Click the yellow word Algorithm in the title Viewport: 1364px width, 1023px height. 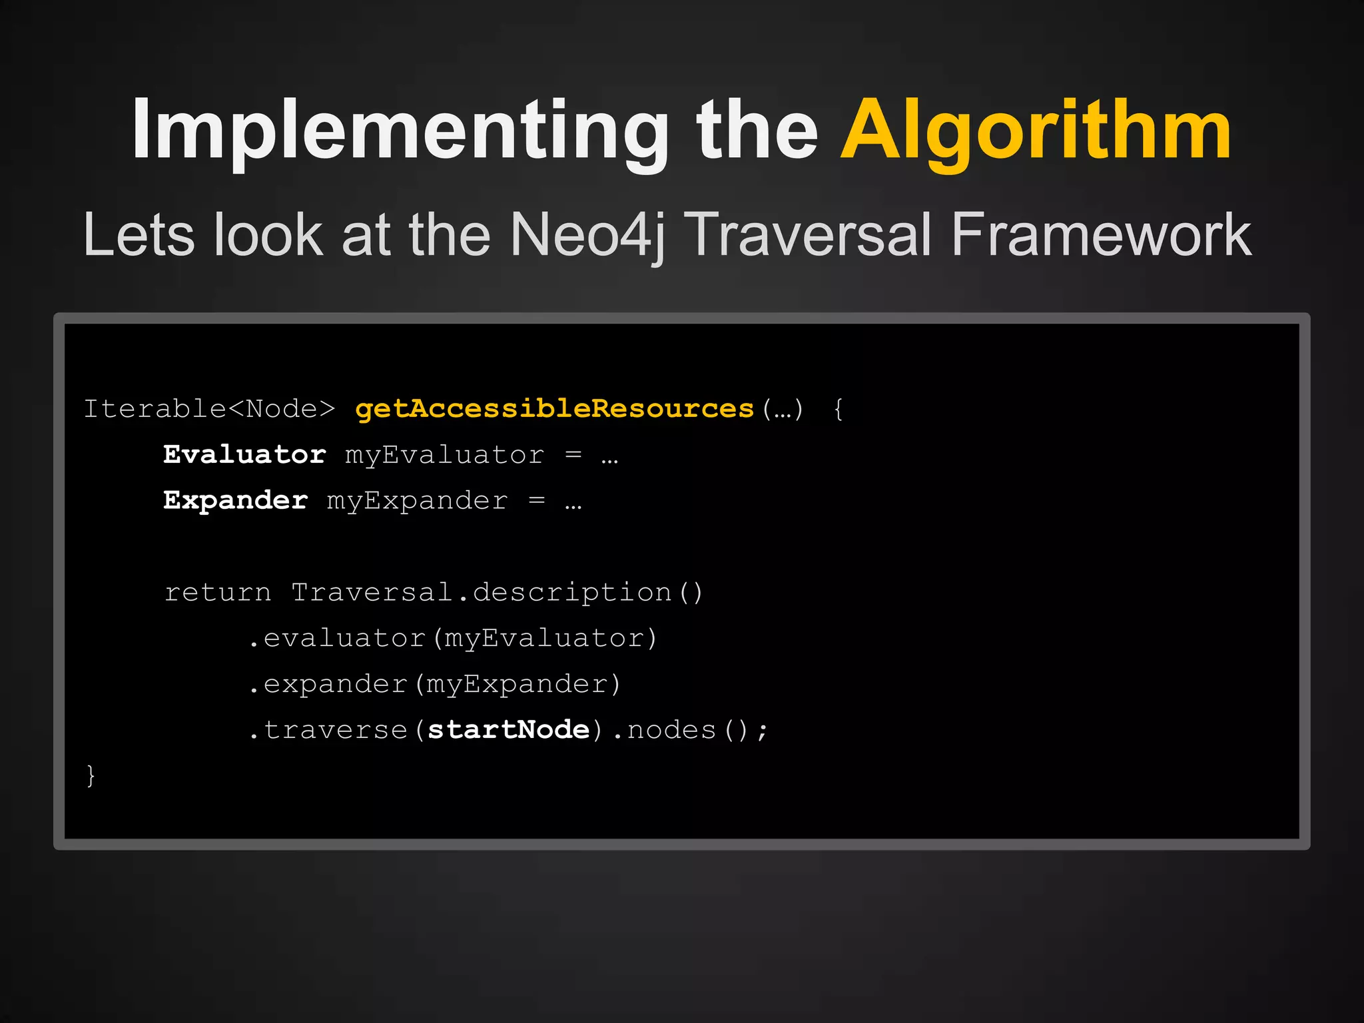1036,131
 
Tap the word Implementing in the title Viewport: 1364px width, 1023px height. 400,131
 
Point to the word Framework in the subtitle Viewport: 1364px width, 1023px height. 1101,234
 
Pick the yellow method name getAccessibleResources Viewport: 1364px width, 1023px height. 554,409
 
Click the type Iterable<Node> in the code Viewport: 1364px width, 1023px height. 209,409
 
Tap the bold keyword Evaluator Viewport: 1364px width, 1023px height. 244,455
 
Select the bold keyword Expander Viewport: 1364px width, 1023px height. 236,501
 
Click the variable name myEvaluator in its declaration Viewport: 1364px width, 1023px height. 444,456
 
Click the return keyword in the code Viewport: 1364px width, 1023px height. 218,593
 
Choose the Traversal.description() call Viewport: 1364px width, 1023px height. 497,593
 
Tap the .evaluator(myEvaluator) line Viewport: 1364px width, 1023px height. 453,639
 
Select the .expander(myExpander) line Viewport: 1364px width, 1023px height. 435,685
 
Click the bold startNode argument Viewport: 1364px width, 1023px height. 508,730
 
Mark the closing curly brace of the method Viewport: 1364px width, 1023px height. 91,776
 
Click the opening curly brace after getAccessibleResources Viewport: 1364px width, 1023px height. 839,409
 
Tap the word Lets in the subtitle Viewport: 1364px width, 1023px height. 139,234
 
